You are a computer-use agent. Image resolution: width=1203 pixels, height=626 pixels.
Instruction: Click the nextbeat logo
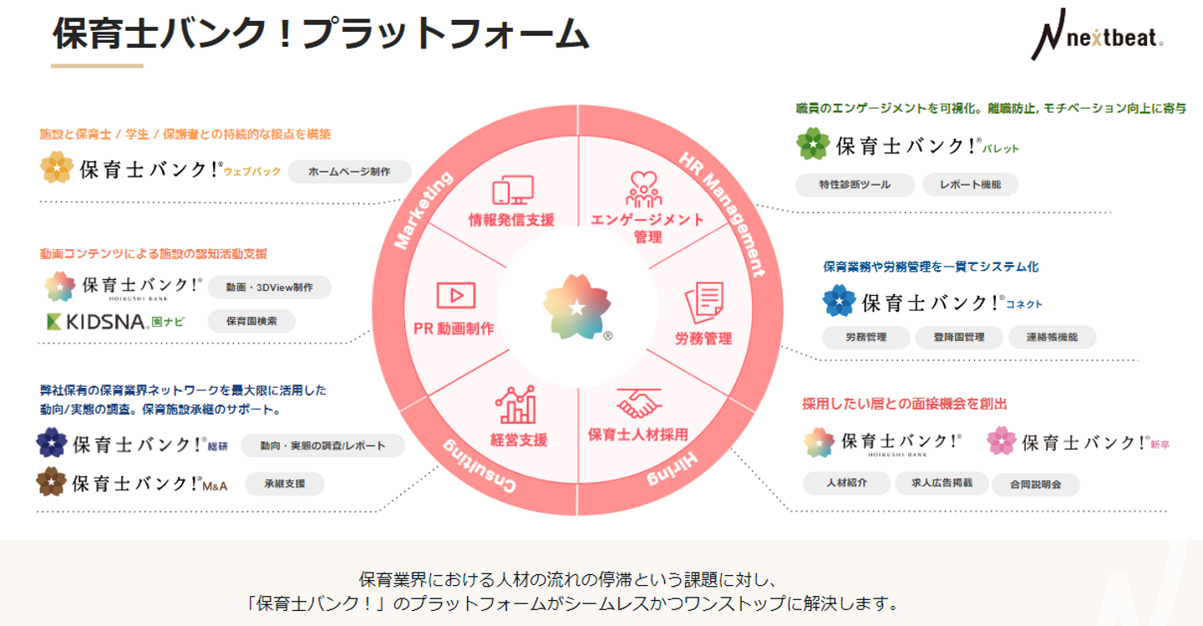point(1096,34)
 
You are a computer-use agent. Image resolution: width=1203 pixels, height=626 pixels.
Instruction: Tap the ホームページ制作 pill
point(349,171)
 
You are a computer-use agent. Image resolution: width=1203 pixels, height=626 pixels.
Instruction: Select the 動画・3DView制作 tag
point(269,287)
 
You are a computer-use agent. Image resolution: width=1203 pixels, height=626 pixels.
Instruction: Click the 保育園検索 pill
point(251,321)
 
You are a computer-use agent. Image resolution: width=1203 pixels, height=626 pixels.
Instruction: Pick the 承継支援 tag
point(284,483)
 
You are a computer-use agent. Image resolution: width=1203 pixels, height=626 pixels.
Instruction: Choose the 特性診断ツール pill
point(855,184)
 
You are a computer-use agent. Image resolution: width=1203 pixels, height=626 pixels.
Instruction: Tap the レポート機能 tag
point(970,184)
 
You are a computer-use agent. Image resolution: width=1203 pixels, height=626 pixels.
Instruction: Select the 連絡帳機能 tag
point(1052,338)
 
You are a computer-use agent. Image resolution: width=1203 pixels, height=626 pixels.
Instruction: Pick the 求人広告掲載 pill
point(942,483)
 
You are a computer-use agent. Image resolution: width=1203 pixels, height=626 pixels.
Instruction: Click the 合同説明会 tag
point(1035,484)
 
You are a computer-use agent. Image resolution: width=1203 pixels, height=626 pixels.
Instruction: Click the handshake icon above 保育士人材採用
point(639,405)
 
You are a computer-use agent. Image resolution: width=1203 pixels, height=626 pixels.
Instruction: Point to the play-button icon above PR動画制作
point(455,295)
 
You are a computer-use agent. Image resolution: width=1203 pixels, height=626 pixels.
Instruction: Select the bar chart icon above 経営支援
point(515,405)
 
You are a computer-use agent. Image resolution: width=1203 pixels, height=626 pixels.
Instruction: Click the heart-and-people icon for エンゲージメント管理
point(643,190)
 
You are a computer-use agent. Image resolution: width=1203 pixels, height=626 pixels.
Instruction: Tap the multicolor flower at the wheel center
point(576,307)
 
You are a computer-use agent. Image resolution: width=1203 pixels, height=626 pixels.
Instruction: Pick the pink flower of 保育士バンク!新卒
point(1001,441)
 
